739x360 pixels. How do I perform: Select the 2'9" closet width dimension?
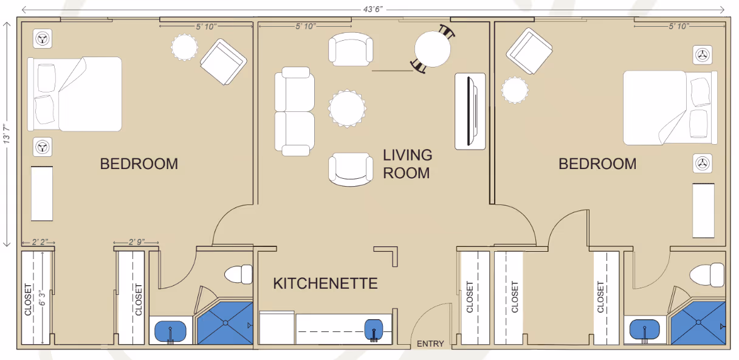coord(136,242)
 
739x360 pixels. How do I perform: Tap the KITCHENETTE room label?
coord(325,283)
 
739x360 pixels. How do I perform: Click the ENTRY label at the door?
coord(430,344)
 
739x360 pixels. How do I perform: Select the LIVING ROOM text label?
coord(407,164)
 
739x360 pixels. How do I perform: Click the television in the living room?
coord(470,111)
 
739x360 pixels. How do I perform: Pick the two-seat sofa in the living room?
coord(295,111)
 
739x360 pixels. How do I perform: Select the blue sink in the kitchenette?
coord(374,330)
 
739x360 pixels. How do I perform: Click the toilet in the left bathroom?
coord(239,274)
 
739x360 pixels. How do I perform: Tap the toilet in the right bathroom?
coord(709,274)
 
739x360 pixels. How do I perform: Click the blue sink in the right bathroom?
coord(645,331)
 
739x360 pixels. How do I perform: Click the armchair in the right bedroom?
coord(528,50)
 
